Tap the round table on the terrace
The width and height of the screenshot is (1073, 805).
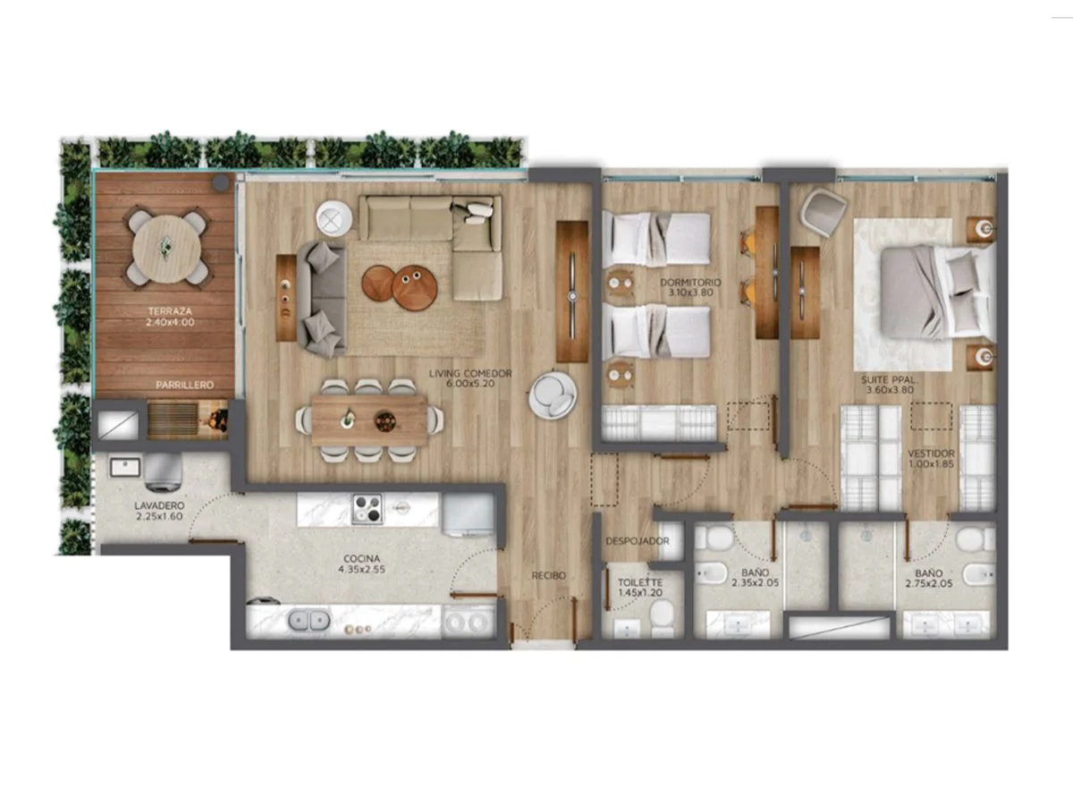[x=166, y=249]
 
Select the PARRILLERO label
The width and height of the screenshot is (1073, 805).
[x=185, y=386]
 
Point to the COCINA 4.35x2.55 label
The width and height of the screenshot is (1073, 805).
[x=362, y=563]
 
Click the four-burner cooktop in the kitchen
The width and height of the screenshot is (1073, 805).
[x=368, y=509]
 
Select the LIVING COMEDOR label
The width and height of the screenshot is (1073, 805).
[x=470, y=373]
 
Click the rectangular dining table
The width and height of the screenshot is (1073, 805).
[x=369, y=420]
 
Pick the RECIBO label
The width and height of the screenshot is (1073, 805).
[x=548, y=576]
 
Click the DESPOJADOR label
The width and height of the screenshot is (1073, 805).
[x=637, y=541]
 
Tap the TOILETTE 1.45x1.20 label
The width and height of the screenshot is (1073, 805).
[x=640, y=588]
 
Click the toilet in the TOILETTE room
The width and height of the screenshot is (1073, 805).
[x=663, y=617]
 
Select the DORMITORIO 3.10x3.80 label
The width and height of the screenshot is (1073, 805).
[x=690, y=287]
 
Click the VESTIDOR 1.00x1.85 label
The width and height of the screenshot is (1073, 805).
[x=931, y=459]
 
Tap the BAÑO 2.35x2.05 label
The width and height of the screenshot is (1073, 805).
[x=756, y=577]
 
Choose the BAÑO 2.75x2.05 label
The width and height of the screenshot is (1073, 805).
[x=929, y=578]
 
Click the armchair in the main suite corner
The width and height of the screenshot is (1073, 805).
[x=824, y=212]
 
